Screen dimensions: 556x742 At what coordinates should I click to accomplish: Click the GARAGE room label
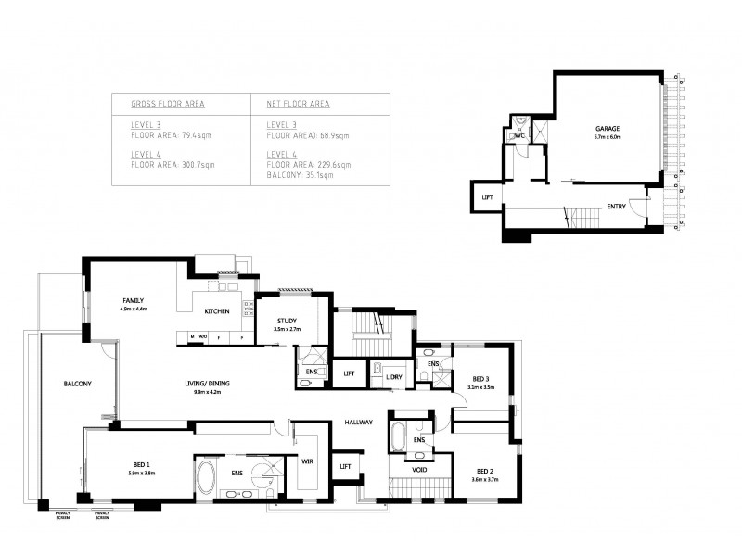[607, 128]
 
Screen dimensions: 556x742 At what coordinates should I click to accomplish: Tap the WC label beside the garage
[520, 135]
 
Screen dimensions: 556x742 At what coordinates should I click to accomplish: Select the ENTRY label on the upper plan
[616, 207]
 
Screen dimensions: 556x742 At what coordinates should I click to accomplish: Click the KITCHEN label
[217, 311]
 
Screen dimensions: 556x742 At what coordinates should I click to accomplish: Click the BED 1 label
[141, 463]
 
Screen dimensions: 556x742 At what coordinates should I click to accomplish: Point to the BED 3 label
[480, 379]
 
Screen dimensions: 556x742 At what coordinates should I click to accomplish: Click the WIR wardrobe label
[307, 460]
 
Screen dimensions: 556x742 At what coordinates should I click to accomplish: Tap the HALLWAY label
[358, 422]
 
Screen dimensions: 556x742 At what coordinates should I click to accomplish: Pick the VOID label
[419, 470]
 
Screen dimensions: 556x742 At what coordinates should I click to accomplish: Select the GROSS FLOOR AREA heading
[168, 104]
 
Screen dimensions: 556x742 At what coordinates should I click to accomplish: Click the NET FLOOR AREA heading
[298, 104]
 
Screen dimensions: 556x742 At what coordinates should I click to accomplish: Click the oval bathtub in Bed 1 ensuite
[207, 477]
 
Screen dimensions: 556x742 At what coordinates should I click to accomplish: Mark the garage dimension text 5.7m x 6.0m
[607, 137]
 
